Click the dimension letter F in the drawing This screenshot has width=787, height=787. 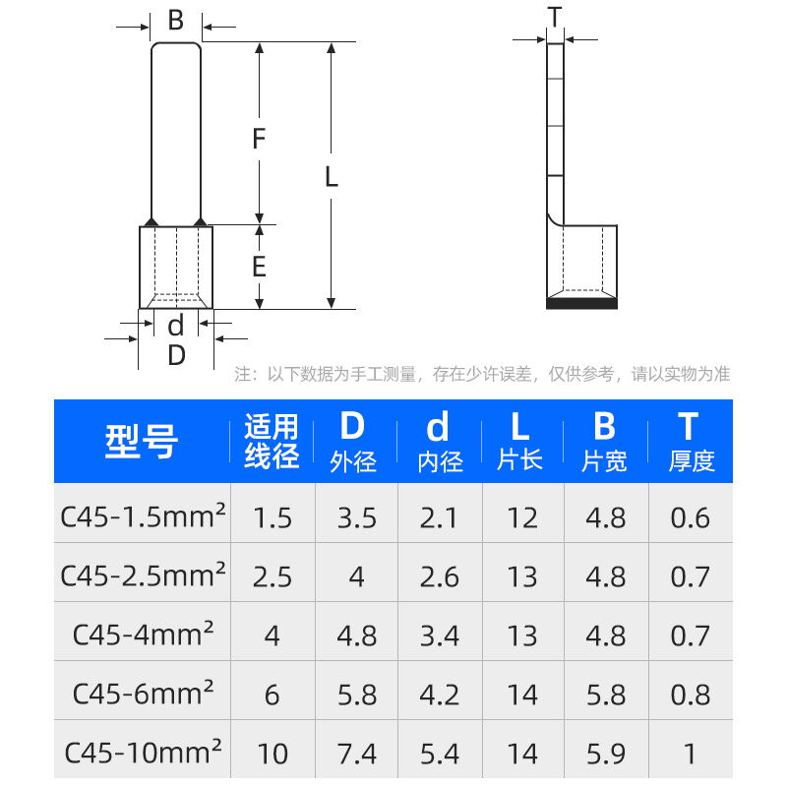point(259,139)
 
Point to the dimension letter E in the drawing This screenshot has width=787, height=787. point(259,267)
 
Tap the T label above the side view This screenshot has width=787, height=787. point(555,17)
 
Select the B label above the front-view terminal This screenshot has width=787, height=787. point(176,21)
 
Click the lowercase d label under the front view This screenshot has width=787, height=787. point(176,325)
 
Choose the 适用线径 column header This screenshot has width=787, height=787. point(272,442)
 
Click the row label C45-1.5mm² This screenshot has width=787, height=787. point(143,516)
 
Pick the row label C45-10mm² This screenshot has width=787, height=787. point(143,753)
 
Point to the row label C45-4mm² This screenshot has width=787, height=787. point(143,635)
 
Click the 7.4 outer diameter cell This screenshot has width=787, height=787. point(356,754)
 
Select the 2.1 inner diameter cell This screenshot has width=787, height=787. point(439,517)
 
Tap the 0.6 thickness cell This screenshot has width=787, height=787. point(691,517)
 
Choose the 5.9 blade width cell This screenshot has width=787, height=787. point(606,754)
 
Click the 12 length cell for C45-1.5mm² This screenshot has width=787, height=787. point(521,517)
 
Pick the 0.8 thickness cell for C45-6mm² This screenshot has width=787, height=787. point(691,695)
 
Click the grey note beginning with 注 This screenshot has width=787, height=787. point(482,374)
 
